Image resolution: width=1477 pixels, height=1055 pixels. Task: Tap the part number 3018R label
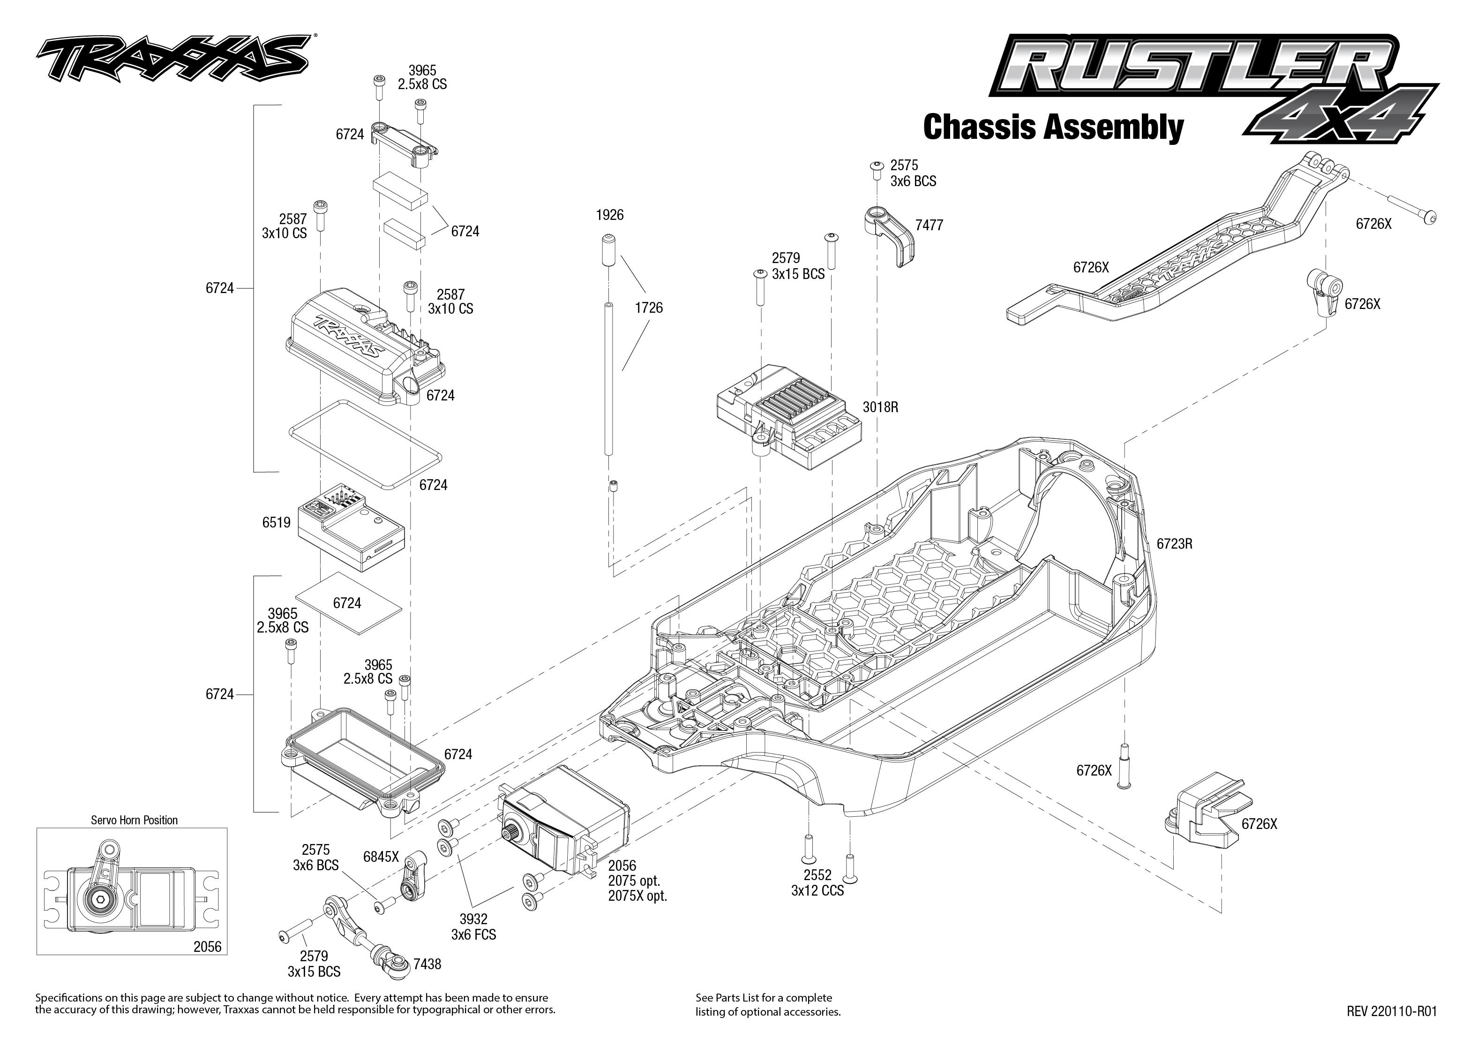tap(880, 407)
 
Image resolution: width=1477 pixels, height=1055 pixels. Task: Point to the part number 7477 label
tap(929, 226)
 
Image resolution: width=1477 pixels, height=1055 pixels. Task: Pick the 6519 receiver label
tap(276, 522)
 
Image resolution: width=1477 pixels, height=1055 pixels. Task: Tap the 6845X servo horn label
tap(381, 856)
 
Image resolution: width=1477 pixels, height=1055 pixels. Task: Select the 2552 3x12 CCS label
tap(817, 883)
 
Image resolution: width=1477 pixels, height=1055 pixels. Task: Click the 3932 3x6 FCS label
tap(473, 927)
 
